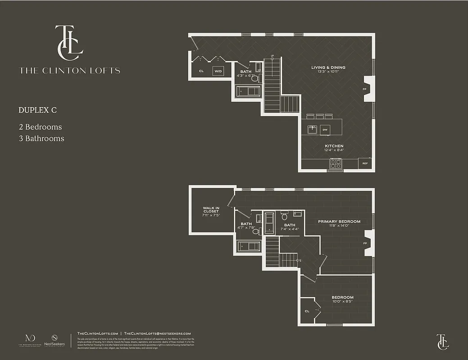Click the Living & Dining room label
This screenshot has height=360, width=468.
[x=328, y=67]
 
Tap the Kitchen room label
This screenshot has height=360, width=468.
[x=334, y=146]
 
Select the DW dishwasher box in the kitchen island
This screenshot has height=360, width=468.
[x=324, y=130]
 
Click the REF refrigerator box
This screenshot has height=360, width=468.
[x=365, y=163]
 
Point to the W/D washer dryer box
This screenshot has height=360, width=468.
[x=218, y=71]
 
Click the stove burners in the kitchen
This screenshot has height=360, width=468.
[x=335, y=164]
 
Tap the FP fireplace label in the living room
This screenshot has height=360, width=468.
[x=364, y=89]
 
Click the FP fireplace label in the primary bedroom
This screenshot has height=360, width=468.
[x=365, y=243]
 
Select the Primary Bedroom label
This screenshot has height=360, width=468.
[x=339, y=221]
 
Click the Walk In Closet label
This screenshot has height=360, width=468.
[x=211, y=210]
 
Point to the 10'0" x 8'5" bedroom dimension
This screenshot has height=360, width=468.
[x=342, y=302]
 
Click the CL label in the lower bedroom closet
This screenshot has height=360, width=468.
[x=307, y=310]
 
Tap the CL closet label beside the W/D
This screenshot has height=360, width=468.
[x=201, y=71]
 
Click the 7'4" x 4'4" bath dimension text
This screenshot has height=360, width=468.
[x=290, y=229]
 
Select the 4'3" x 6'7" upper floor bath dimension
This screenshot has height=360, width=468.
[x=245, y=76]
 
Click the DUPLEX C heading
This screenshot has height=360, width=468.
[x=37, y=110]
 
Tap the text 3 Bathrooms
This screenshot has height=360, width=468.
[x=41, y=139]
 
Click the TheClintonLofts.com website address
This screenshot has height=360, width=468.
[x=97, y=333]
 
